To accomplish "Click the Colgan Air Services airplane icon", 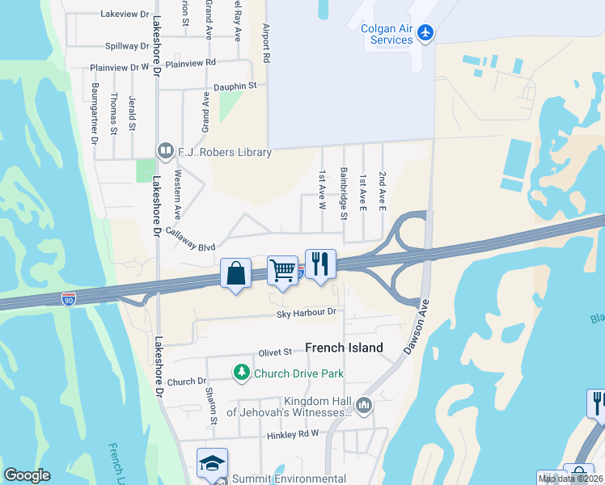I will (427, 33).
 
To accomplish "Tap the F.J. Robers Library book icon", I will (166, 151).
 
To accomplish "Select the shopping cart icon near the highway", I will (282, 271).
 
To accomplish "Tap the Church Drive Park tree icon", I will (241, 373).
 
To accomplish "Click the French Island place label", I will (344, 348).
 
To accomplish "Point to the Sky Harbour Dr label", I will (305, 312).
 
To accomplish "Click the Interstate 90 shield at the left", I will (69, 299).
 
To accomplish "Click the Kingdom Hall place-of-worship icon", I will (363, 404).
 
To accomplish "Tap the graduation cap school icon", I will (212, 463).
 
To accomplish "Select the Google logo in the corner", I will (27, 475).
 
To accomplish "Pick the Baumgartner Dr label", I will (95, 112).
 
